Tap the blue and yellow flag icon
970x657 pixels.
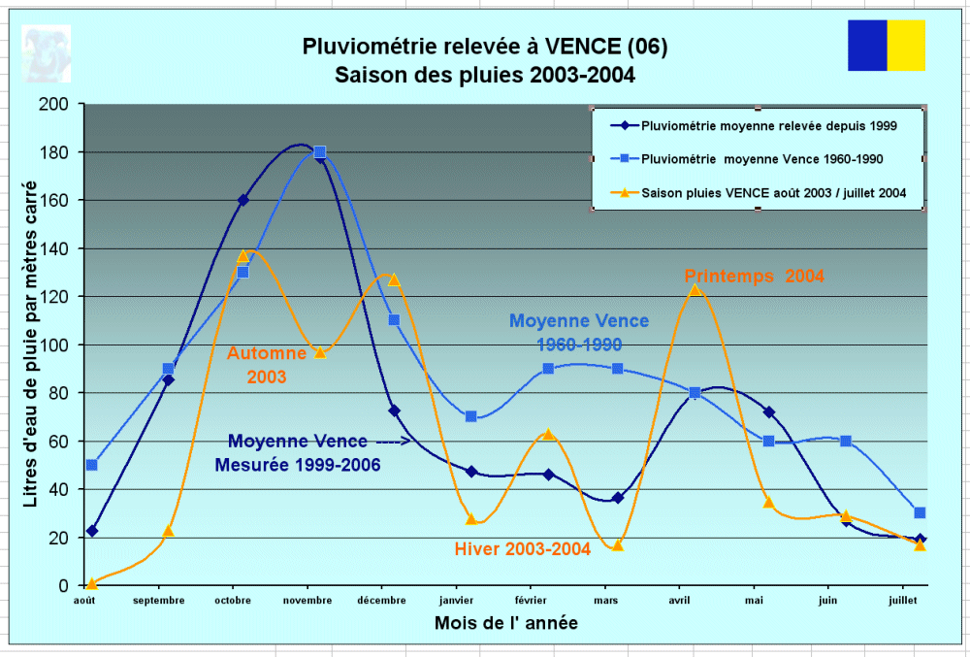pos(886,46)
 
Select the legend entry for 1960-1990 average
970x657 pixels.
pos(762,158)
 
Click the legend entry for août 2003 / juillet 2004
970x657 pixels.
pos(773,193)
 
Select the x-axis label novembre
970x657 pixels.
pos(307,601)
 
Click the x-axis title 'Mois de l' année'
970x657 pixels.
pos(506,623)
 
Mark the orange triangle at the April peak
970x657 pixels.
pos(695,289)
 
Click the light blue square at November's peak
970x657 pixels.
pos(319,152)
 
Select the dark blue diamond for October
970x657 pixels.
pos(242,200)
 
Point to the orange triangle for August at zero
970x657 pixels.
pos(91,583)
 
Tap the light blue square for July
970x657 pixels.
pos(920,512)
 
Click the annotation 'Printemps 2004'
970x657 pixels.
pos(754,276)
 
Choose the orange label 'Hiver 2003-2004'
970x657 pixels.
pos(523,549)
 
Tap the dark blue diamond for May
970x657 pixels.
pos(768,412)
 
